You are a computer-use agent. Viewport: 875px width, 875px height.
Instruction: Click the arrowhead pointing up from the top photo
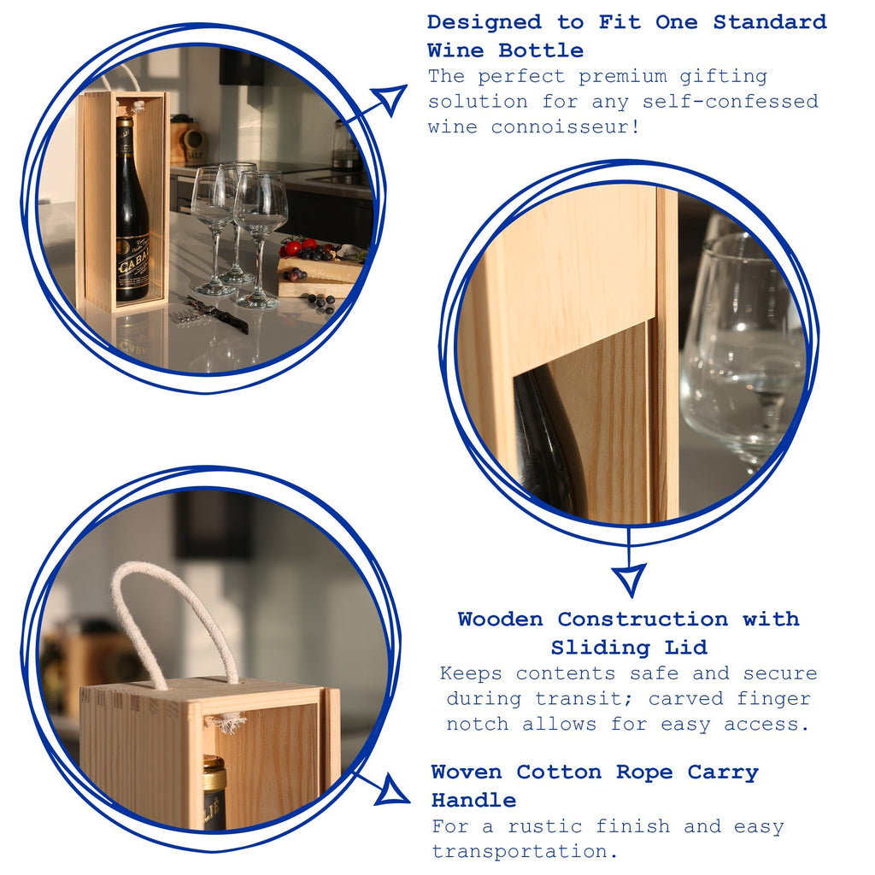coord(391,98)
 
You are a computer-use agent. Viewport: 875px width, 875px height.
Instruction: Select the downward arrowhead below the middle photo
coord(629,579)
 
